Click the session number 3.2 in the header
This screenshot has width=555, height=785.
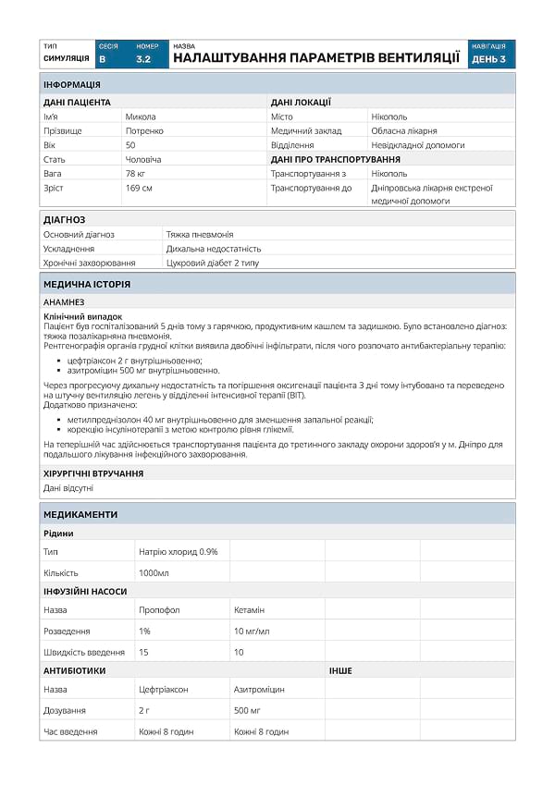pos(143,58)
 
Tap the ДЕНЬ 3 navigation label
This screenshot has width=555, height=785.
pos(488,58)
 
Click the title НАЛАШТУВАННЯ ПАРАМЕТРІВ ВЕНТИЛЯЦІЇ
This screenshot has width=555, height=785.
pos(316,57)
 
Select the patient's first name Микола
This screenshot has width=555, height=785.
pos(141,117)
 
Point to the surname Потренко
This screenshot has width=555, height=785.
pos(145,131)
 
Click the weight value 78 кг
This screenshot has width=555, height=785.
pos(135,174)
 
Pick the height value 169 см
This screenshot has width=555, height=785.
pos(139,188)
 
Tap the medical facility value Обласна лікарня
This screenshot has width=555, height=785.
pos(403,131)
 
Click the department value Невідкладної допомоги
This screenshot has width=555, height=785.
pos(417,145)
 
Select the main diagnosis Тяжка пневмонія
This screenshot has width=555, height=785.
pos(200,234)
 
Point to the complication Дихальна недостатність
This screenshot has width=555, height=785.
pos(214,249)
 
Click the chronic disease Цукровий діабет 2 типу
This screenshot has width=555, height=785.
pos(213,264)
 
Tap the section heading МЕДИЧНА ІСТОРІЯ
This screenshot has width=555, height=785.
pos(87,284)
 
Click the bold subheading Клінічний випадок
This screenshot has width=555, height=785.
pos(82,316)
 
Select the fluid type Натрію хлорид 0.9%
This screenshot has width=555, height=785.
pos(179,551)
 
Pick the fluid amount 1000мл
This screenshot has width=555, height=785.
pos(154,572)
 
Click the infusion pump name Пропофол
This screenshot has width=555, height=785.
pos(159,610)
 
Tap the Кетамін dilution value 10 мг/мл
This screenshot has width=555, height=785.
pos(252,631)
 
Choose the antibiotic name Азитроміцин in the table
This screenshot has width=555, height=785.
pos(259,690)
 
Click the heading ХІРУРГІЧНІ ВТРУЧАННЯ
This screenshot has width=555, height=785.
pos(93,473)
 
